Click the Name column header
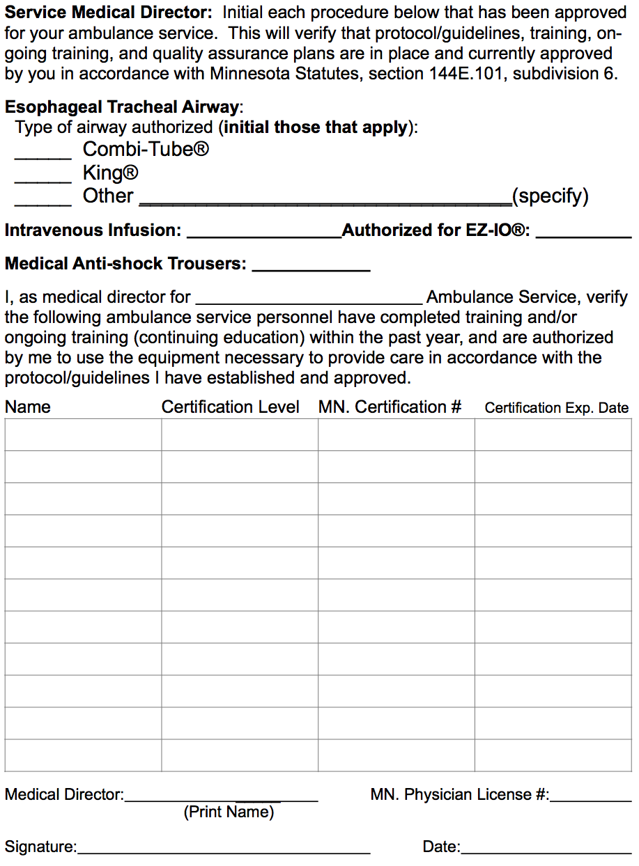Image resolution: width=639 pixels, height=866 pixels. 28,407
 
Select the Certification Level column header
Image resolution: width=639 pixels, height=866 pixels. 231,407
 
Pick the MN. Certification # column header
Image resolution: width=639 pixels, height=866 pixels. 390,407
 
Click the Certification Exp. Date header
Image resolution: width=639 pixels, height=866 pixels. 556,408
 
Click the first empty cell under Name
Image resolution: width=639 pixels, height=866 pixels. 83,435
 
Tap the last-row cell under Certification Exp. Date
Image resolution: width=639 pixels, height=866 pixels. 553,755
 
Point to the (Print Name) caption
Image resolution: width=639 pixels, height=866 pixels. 229,812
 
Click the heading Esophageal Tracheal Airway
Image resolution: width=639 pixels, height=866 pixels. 122,107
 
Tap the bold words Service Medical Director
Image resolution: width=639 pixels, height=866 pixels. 108,13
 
